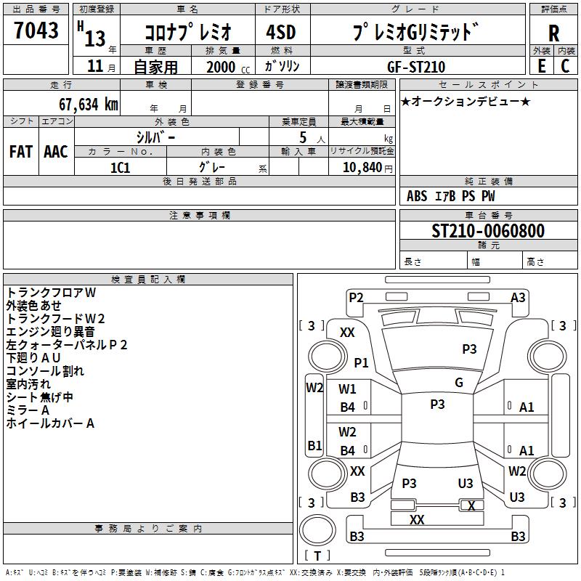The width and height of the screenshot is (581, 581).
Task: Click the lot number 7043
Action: click(36, 30)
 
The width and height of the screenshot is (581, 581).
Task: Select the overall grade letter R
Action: click(553, 33)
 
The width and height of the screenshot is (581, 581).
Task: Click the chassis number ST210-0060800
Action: click(487, 232)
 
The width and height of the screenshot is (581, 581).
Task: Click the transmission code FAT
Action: click(21, 152)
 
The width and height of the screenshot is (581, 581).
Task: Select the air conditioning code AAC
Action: click(56, 152)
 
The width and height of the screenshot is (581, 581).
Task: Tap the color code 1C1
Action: click(120, 167)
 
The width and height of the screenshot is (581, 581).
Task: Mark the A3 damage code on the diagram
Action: click(518, 297)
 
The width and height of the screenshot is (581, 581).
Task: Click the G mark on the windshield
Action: click(459, 383)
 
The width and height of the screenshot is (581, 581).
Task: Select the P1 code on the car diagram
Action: click(361, 362)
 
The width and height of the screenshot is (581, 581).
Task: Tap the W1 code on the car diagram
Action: click(348, 389)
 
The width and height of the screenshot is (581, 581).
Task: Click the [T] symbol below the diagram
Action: click(317, 556)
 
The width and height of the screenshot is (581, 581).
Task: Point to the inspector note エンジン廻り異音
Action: click(50, 332)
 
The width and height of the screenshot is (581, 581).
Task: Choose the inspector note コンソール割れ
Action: click(45, 371)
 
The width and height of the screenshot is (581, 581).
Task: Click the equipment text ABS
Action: click(417, 196)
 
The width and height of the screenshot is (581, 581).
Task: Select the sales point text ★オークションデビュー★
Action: click(466, 102)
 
